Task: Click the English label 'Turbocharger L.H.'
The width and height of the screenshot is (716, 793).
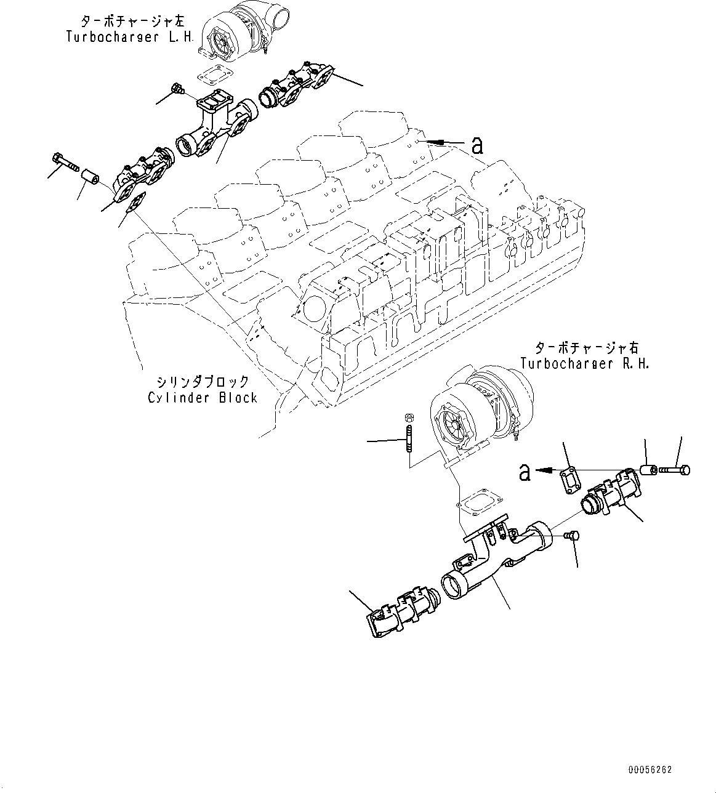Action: [129, 36]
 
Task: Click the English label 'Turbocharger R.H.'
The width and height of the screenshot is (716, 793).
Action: [584, 363]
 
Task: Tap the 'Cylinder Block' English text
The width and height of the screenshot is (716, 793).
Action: [203, 398]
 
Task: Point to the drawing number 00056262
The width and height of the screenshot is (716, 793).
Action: [650, 770]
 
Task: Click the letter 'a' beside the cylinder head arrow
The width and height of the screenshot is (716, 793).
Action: [477, 145]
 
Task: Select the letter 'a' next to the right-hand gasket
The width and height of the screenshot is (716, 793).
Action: [525, 472]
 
